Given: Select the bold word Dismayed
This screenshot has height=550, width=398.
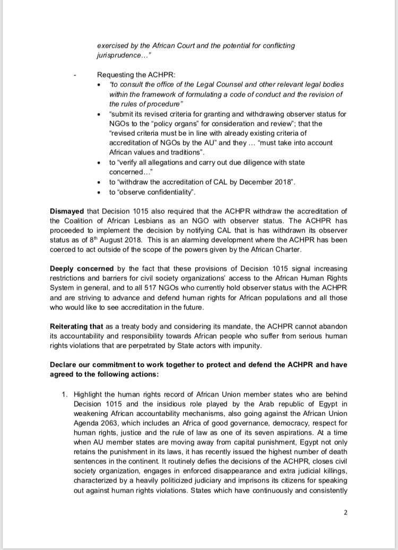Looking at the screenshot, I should point(68,211).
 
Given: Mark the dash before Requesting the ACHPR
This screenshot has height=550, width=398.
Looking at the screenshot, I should point(76,75).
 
